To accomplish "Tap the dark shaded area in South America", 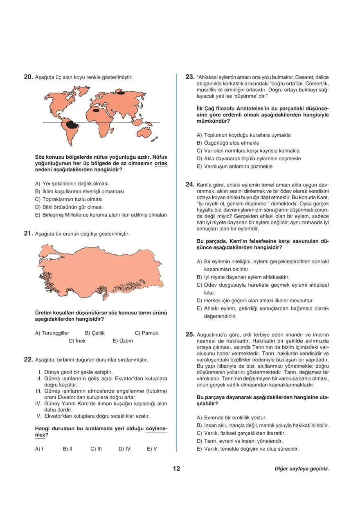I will [x=72, y=124].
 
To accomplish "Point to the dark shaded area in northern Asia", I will [x=122, y=92].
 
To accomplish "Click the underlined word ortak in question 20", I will [x=161, y=163].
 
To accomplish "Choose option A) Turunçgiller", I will [x=52, y=333].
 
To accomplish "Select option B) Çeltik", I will [x=95, y=333].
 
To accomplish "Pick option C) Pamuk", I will [x=146, y=333].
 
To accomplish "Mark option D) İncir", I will [x=77, y=340].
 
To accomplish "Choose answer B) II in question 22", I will [x=67, y=449].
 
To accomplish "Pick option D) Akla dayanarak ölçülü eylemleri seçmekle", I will [x=249, y=158].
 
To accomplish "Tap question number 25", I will [x=189, y=334].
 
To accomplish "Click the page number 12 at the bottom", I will [x=176, y=469].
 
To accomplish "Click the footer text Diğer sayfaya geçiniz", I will [x=301, y=469].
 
